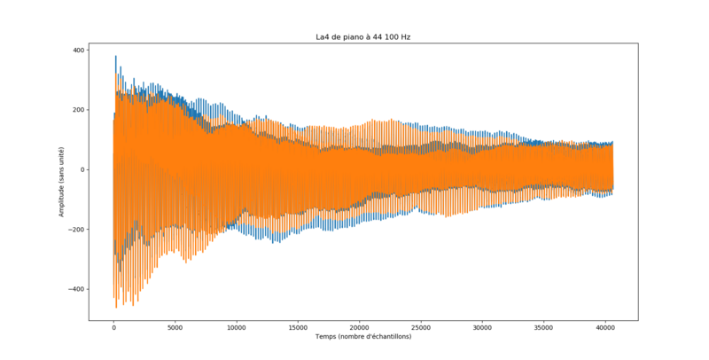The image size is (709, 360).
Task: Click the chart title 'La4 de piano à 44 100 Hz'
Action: [363, 37]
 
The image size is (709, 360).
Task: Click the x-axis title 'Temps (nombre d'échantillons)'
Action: [363, 337]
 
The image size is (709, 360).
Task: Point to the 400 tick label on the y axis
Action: [77, 50]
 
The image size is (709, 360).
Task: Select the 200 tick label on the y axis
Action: [77, 110]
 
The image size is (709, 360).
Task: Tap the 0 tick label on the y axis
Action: [82, 169]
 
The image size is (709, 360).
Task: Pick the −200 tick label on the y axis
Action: [75, 230]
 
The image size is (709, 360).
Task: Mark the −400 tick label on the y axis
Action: [75, 289]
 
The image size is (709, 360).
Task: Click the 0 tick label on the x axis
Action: [113, 327]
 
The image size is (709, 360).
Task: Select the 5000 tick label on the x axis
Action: [175, 327]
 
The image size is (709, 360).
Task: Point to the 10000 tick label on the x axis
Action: [236, 327]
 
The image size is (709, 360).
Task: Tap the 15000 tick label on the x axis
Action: [297, 327]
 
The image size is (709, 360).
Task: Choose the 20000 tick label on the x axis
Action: [359, 327]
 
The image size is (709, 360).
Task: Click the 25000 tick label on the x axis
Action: [420, 327]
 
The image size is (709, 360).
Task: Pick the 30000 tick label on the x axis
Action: [481, 327]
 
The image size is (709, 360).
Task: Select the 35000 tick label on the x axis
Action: [542, 327]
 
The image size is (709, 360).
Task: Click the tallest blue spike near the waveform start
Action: [116, 57]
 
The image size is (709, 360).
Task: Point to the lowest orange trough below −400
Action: [116, 307]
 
